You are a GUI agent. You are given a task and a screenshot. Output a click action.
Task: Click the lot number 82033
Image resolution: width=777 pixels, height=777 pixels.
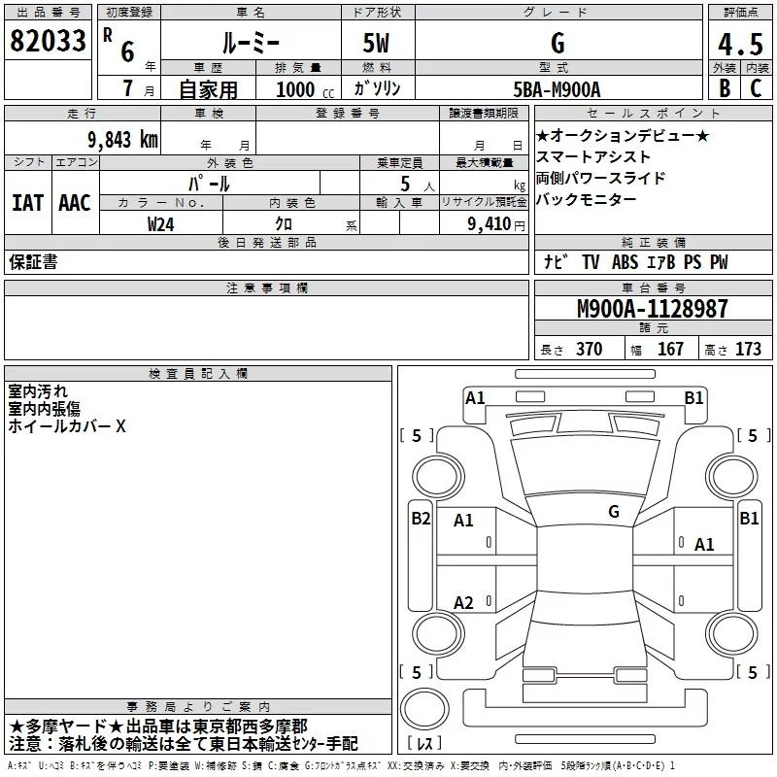[49, 42]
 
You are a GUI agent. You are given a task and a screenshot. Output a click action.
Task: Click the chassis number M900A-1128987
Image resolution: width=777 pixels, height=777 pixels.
[652, 309]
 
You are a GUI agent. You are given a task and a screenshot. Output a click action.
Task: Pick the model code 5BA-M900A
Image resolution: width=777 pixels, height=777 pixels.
[557, 89]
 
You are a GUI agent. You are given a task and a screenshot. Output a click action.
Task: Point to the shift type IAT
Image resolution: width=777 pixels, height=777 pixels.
[27, 202]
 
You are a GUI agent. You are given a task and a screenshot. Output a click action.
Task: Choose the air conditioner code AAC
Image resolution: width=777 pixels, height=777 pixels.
[74, 202]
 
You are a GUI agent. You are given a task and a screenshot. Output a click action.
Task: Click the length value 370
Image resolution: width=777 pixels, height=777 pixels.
[589, 350]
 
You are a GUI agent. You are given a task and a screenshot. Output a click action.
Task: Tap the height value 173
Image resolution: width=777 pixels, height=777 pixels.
[748, 350]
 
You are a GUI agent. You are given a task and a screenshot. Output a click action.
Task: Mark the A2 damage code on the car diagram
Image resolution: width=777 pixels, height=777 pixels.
[463, 603]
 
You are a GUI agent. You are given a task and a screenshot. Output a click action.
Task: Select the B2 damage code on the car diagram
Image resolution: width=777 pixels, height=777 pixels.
[421, 519]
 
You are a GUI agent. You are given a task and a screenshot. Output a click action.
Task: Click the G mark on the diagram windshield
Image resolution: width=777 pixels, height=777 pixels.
[613, 512]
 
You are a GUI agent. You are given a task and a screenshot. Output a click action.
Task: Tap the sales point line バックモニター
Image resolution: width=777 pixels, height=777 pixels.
[587, 200]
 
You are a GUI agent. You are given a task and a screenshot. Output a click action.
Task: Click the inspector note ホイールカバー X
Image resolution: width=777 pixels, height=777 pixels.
[67, 426]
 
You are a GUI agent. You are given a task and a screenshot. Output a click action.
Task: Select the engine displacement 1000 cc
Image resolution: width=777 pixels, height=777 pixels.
[303, 89]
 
